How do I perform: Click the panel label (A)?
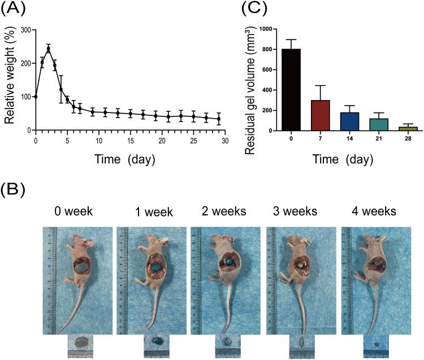click(x=14, y=10)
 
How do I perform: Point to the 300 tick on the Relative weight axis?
click(x=25, y=29)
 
